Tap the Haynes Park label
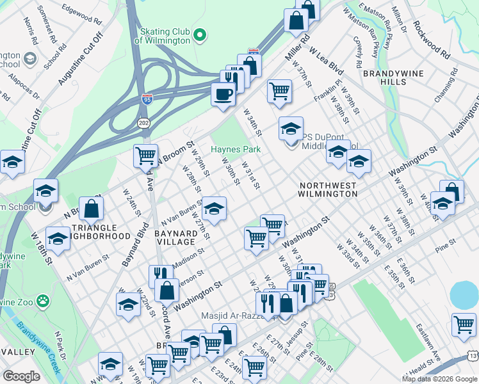pos(236,149)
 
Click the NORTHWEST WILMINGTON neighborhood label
pos(328,189)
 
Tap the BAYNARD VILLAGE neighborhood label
pos(175,237)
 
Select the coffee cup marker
pos(223,95)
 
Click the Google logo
pos(21,376)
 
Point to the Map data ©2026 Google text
pos(439,379)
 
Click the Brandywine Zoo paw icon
pos(42,300)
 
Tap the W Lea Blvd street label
pos(327,59)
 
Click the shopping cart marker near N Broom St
pos(146,155)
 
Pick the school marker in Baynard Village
pos(215,208)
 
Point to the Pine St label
pos(444,242)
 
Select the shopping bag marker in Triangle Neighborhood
pos(92,207)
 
